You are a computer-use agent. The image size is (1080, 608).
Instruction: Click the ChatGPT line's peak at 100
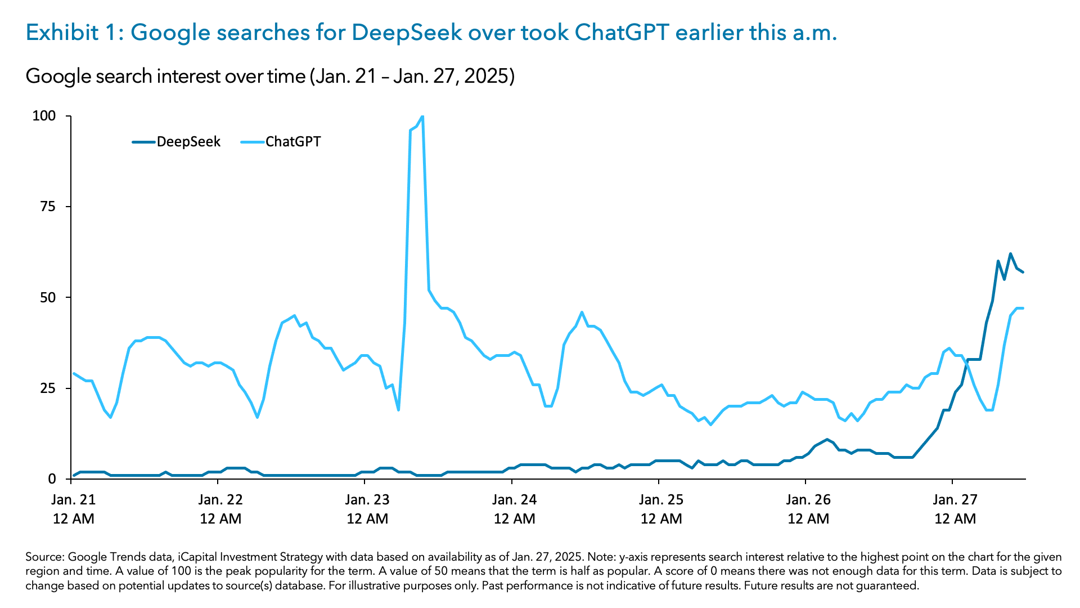tap(422, 117)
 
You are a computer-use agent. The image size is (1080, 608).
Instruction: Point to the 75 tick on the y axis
tap(48, 207)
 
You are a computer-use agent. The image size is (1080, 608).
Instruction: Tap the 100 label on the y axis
tap(44, 116)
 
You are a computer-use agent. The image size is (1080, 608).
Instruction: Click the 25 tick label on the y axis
tap(48, 388)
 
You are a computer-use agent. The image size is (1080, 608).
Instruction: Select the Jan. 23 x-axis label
tap(367, 499)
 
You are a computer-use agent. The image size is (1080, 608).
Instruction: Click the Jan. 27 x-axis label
tap(955, 499)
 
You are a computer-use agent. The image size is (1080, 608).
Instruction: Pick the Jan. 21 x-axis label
tap(74, 499)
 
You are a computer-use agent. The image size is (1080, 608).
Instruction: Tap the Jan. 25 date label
tap(661, 499)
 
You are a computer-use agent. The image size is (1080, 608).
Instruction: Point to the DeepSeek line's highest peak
tap(1010, 254)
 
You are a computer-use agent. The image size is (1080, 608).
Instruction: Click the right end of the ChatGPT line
tap(1023, 309)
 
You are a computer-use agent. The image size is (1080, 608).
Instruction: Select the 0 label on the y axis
tap(52, 479)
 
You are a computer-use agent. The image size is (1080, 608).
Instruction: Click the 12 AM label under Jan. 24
tap(514, 519)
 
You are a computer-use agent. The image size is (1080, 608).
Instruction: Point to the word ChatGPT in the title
tap(621, 33)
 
